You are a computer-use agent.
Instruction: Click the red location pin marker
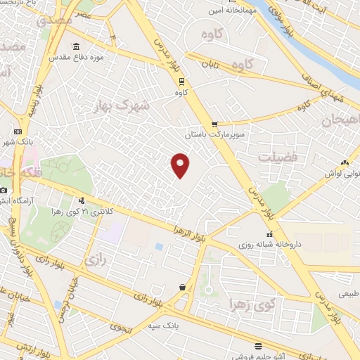[x=181, y=165]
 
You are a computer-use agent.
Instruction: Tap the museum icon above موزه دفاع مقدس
[x=76, y=46]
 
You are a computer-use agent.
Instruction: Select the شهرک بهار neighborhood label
[x=122, y=105]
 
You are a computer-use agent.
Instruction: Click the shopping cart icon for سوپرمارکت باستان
[x=214, y=124]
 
